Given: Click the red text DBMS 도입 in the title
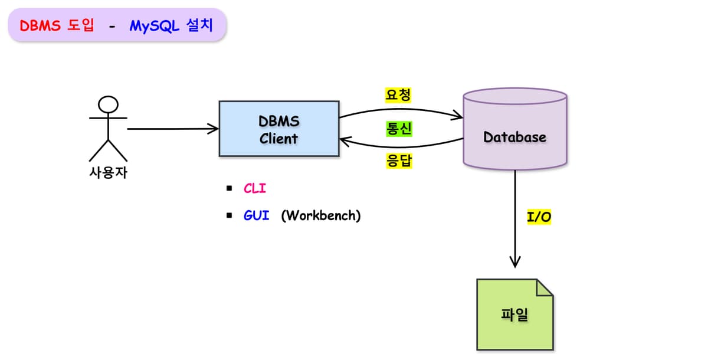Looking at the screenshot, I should [57, 26].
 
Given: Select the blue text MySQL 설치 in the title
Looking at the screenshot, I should [172, 26].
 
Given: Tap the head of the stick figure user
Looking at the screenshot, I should [108, 105].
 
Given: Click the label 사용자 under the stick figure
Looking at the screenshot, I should [108, 173].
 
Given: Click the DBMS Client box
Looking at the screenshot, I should [279, 129].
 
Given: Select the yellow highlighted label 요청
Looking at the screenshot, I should [398, 95].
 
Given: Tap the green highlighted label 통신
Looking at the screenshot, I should [398, 129].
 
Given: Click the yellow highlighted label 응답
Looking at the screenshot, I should [398, 161].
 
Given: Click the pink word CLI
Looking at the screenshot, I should [255, 189].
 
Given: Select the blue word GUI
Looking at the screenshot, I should [257, 215].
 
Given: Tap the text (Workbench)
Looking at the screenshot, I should [320, 215].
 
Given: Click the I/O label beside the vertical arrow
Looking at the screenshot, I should [539, 217].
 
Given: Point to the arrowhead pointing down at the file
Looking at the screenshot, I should [515, 262].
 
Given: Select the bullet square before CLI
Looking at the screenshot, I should [229, 189].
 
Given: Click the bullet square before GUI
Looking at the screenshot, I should [229, 215].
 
